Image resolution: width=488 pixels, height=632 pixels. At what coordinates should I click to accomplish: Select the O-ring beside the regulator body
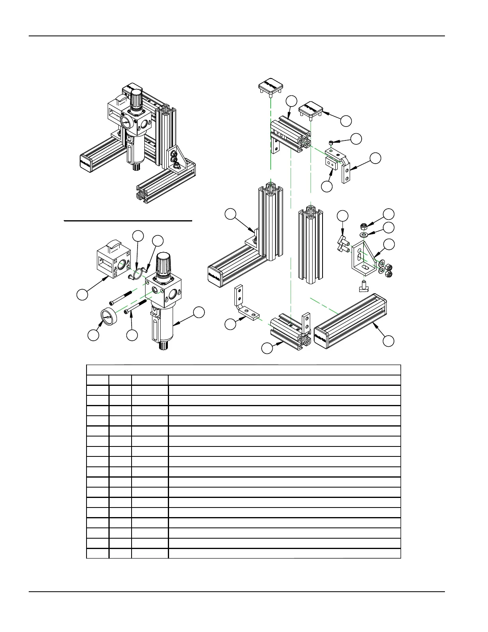click(137, 273)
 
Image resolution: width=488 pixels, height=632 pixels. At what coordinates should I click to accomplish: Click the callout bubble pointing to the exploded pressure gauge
click(93, 335)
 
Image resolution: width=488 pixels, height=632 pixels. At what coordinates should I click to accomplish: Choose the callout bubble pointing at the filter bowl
click(199, 312)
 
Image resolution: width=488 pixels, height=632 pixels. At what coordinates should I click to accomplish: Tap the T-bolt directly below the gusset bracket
click(364, 286)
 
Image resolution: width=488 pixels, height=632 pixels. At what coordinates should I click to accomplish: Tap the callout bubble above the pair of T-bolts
click(342, 215)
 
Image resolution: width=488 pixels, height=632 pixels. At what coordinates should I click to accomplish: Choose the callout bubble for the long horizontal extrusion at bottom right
click(388, 341)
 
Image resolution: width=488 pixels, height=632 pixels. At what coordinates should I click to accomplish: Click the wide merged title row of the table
click(243, 370)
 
